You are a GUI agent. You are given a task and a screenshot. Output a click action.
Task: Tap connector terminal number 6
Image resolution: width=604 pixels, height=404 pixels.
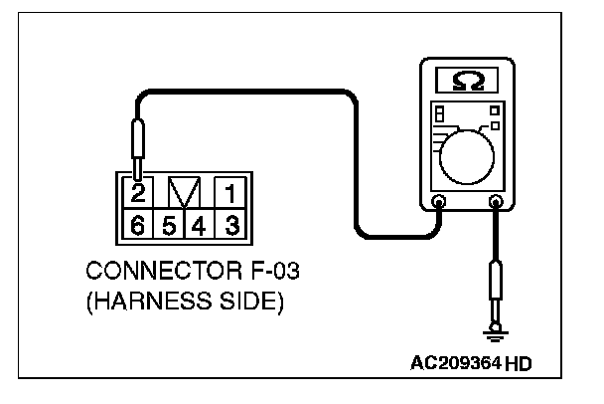[137, 224]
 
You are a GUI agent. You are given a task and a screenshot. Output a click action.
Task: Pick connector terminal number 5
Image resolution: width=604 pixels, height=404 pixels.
[169, 224]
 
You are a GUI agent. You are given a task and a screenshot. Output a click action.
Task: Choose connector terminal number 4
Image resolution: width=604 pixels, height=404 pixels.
[198, 224]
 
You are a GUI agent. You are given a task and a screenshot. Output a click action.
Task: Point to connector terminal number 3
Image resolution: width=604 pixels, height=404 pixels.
[227, 224]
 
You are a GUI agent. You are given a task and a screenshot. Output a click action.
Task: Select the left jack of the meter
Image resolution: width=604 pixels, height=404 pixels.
[440, 203]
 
